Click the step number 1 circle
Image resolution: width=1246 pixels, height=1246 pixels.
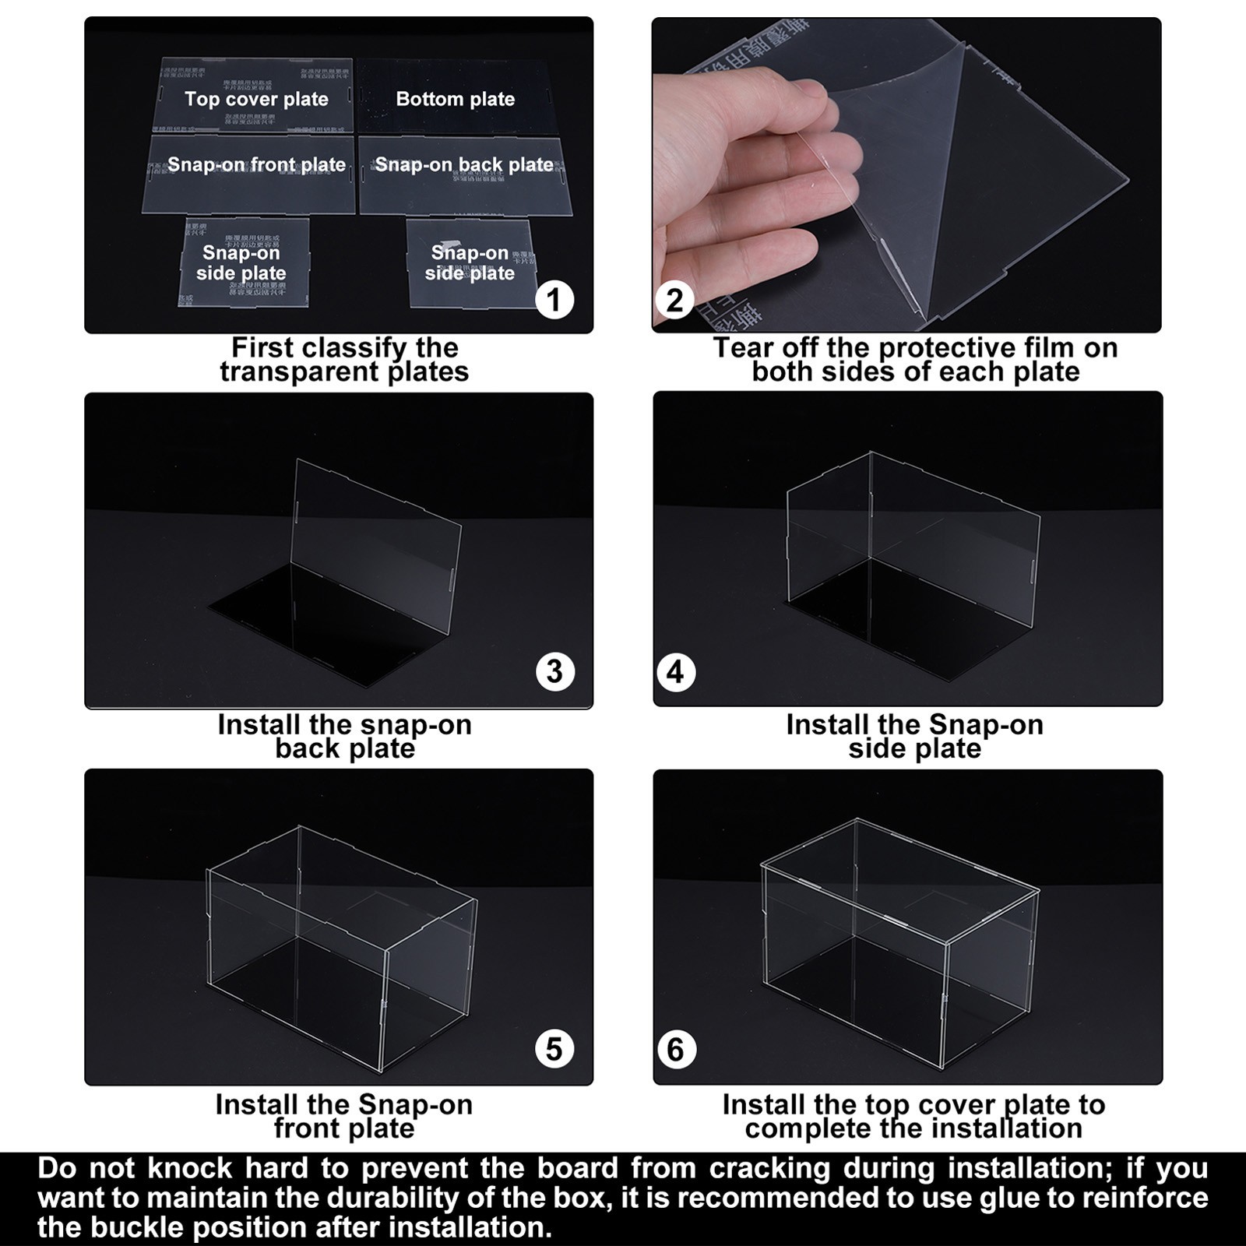click(554, 300)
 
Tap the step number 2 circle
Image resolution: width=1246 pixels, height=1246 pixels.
click(675, 300)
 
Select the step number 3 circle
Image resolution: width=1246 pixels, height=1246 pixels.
click(554, 671)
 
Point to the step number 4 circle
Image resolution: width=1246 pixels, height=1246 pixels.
click(675, 671)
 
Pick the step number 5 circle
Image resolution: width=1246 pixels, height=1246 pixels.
click(554, 1049)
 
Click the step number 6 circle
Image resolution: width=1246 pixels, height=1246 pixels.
click(675, 1049)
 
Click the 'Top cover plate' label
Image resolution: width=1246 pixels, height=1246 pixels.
click(256, 99)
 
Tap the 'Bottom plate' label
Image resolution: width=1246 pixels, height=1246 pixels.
click(455, 99)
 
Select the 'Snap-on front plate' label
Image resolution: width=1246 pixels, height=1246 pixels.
click(256, 164)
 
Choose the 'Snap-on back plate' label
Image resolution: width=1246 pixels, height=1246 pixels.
click(464, 164)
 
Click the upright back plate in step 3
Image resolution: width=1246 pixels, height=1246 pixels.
click(374, 537)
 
